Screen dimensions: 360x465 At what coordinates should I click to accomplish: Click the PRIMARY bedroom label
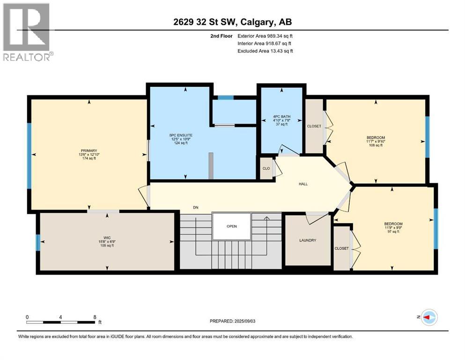click(88, 150)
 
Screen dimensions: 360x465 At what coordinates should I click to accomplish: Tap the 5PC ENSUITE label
click(181, 135)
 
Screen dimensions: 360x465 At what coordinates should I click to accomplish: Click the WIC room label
click(107, 237)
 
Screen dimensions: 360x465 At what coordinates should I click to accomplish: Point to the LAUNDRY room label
click(308, 240)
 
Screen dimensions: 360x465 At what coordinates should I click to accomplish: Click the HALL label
click(303, 184)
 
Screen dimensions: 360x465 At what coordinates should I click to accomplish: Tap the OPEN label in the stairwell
click(232, 226)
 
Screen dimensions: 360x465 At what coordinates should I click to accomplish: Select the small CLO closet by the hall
click(266, 168)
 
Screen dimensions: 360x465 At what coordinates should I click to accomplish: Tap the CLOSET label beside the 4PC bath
click(314, 126)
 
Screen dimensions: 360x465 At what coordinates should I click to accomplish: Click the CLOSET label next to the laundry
click(341, 248)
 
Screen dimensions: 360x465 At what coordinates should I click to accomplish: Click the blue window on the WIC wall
click(38, 242)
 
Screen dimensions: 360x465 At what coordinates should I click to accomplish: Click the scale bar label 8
click(95, 317)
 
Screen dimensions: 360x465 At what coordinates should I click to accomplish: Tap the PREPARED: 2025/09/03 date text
click(232, 321)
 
